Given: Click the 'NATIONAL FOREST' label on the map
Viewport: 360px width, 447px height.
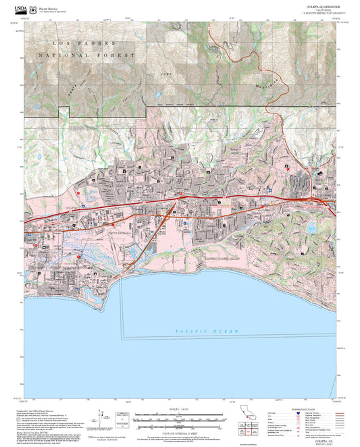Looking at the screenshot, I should tap(87, 55).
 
